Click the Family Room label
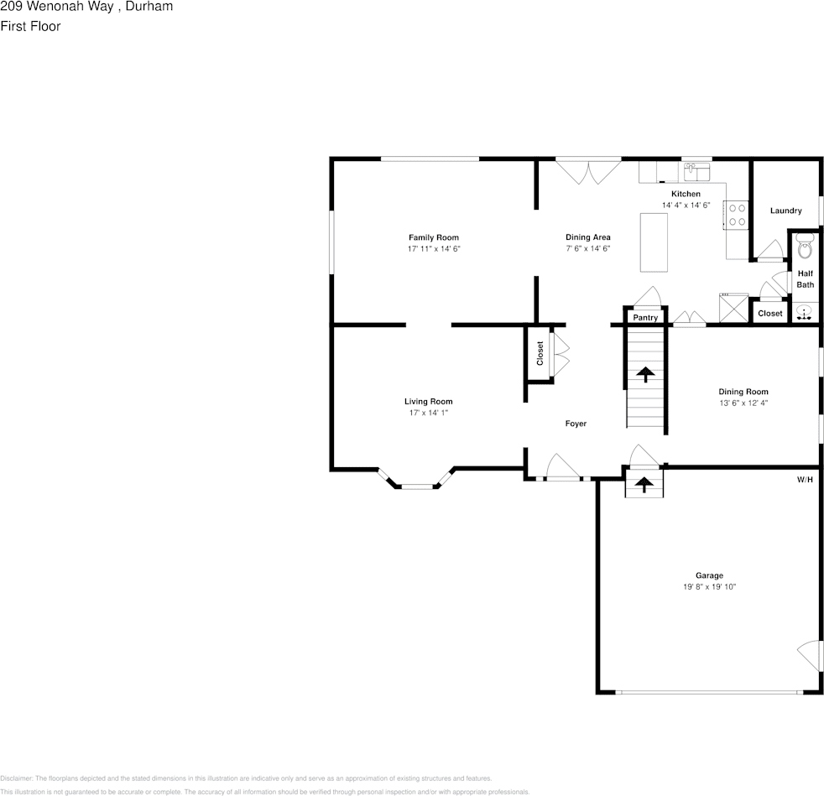pyautogui.click(x=433, y=237)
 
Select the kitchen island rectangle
pyautogui.click(x=654, y=242)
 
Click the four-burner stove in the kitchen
pyautogui.click(x=737, y=215)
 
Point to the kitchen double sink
pyautogui.click(x=696, y=173)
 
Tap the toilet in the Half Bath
pyautogui.click(x=805, y=249)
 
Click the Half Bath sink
pyautogui.click(x=805, y=314)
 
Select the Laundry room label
pyautogui.click(x=785, y=211)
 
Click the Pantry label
pyautogui.click(x=645, y=318)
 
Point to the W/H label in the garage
pyautogui.click(x=805, y=480)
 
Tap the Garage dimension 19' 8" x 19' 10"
pyautogui.click(x=709, y=587)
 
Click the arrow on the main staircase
pyautogui.click(x=645, y=373)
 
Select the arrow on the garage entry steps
pyautogui.click(x=644, y=484)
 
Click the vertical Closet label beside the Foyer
pyautogui.click(x=540, y=353)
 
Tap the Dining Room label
pyautogui.click(x=743, y=392)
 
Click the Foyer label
pyautogui.click(x=576, y=424)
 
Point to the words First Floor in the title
pyautogui.click(x=30, y=26)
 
